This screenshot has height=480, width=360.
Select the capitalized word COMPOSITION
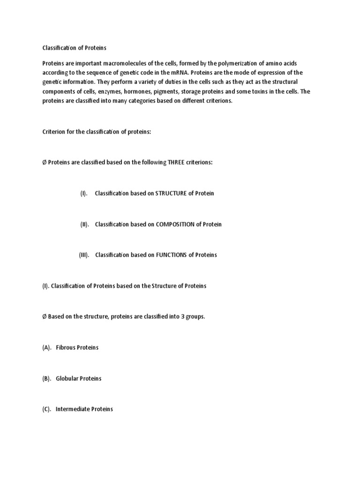175,225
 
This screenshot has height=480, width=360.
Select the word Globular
68,378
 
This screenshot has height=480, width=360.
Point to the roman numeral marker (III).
84,255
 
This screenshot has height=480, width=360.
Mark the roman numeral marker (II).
84,225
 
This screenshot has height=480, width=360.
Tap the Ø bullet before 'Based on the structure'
45,317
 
